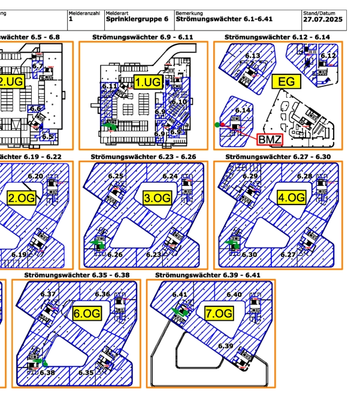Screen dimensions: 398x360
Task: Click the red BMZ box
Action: click(269, 140)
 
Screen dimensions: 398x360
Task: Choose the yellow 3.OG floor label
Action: click(158, 198)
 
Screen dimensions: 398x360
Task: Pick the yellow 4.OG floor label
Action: click(291, 197)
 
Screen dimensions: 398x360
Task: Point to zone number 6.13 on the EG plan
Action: click(253, 56)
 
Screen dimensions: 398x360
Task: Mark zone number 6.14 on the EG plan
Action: click(243, 110)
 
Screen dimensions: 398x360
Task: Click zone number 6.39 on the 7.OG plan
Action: click(225, 346)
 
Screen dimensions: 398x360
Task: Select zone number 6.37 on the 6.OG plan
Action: click(48, 294)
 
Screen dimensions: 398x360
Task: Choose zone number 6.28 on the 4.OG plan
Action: click(304, 176)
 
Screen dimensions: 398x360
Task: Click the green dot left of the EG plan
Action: click(217, 125)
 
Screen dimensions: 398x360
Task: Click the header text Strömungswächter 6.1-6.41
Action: click(220, 19)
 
